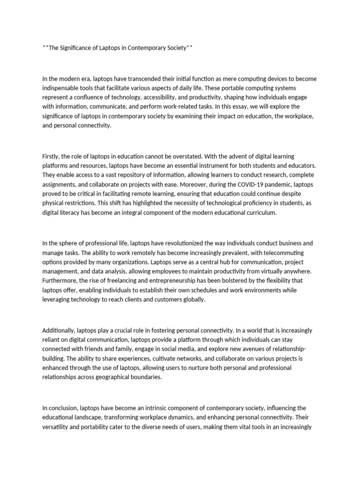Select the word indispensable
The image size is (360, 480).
pyautogui.click(x=62, y=88)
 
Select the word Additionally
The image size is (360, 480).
pyautogui.click(x=59, y=330)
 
